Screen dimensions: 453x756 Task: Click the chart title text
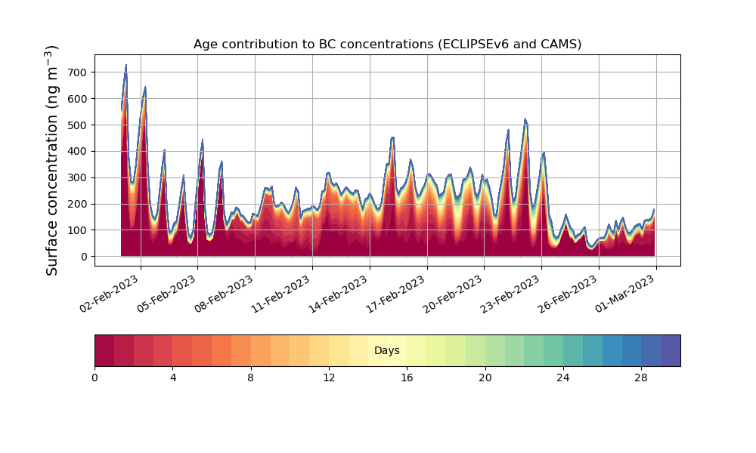387,44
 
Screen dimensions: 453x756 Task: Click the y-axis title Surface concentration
52,160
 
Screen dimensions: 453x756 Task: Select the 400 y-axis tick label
79,151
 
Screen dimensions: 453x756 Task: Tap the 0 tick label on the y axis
85,257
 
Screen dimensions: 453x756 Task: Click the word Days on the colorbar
387,351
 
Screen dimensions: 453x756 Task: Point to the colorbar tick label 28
641,377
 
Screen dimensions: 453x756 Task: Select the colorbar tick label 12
329,377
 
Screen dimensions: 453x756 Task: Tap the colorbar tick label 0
94,377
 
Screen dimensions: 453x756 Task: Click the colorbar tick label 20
485,377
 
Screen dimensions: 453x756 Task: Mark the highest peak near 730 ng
125,65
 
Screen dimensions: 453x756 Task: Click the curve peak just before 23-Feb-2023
525,119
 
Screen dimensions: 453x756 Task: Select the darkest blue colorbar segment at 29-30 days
671,350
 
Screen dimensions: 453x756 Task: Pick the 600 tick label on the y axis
79,99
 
